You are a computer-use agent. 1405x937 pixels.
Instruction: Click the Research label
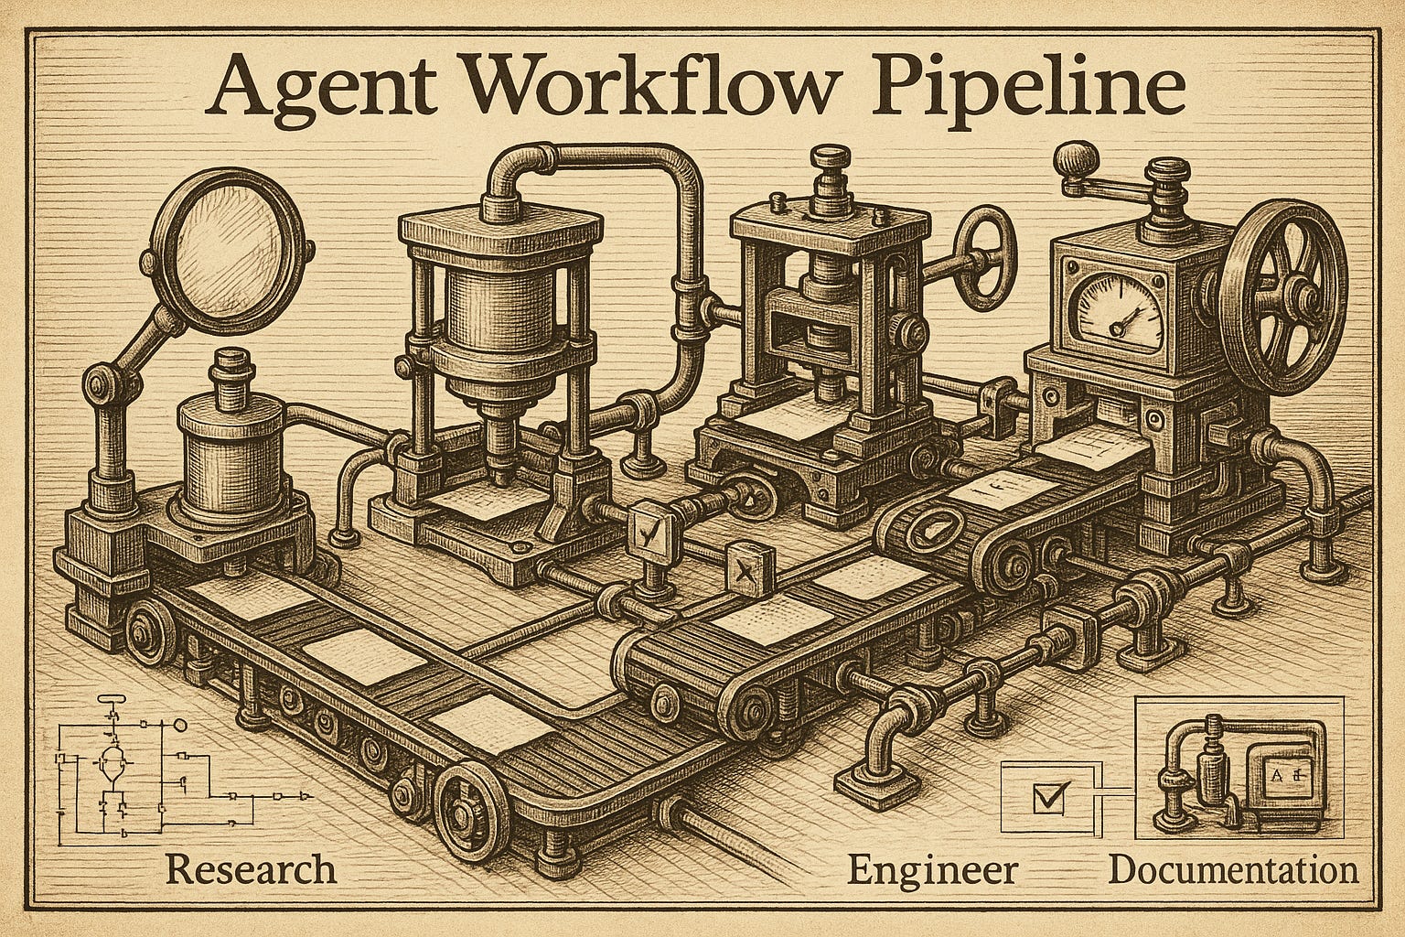coord(251,867)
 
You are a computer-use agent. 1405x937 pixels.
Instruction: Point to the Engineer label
coord(931,867)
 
